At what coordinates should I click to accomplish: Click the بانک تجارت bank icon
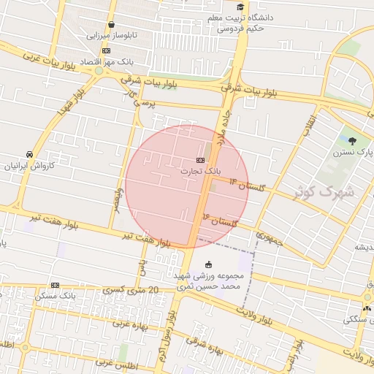point(200,160)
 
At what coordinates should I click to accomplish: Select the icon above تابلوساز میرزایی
point(111,25)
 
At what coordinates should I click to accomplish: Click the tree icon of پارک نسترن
point(354,141)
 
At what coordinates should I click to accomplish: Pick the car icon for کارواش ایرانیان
point(28,155)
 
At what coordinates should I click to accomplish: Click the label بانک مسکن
point(75,296)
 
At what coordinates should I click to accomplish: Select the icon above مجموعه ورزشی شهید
point(210,264)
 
